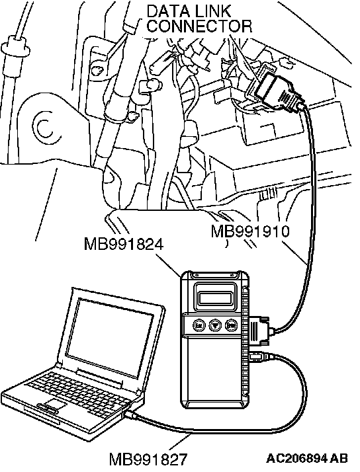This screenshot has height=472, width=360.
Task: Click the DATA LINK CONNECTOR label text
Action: click(x=199, y=19)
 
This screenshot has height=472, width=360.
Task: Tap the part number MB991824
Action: click(x=124, y=244)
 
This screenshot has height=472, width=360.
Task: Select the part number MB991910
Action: click(x=250, y=231)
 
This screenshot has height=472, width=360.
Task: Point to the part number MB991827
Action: click(x=148, y=459)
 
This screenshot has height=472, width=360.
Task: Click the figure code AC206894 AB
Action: click(x=307, y=459)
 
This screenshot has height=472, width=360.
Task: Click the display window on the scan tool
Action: click(x=215, y=298)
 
